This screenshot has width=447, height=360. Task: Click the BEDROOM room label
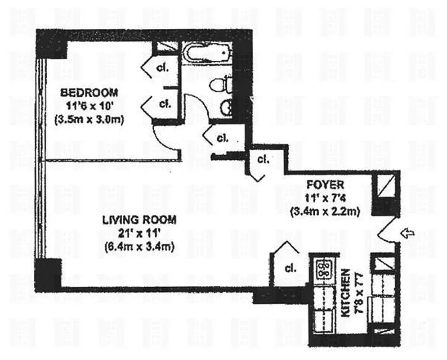point(89,93)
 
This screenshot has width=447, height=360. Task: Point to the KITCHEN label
point(345,293)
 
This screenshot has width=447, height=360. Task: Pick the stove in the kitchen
point(322,270)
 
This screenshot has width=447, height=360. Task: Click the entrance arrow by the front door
point(408,233)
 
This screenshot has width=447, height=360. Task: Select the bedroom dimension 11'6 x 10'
point(89,107)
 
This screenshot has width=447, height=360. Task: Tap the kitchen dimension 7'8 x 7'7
point(358,293)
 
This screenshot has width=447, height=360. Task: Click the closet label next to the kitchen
point(291,269)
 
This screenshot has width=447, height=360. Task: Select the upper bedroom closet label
point(162,68)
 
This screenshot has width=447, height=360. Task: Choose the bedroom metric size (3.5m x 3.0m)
point(89,120)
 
